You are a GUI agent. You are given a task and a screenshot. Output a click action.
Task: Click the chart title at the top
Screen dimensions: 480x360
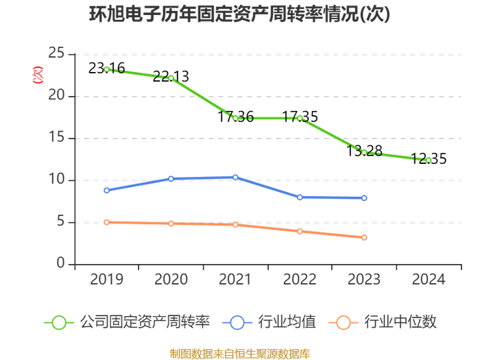coord(240,14)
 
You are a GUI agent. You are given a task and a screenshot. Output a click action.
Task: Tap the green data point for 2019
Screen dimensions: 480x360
coord(106,69)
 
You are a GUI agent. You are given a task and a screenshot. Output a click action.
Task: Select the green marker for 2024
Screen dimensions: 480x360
coord(429,160)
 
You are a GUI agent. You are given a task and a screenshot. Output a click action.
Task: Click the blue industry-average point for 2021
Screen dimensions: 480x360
coord(235,177)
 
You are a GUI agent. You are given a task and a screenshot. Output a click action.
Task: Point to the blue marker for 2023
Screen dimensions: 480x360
coord(364,198)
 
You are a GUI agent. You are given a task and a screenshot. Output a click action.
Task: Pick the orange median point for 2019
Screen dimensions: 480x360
coord(106,222)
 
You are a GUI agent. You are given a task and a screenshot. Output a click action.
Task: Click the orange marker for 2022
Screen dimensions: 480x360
coord(300,232)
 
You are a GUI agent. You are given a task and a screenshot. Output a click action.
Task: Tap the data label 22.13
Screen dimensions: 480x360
coord(171,76)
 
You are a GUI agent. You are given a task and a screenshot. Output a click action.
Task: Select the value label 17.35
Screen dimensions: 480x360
coord(300,117)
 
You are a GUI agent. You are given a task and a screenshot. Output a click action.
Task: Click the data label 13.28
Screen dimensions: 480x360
coord(364,151)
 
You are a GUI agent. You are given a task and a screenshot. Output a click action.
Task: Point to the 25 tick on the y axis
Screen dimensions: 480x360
coord(56,53)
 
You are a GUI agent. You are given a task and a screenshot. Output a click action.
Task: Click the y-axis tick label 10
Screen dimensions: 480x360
coord(56,179)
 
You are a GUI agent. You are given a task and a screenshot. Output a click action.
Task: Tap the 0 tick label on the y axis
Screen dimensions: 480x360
coord(60,263)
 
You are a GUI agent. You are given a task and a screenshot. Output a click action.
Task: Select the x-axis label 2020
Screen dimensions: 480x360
coord(171,279)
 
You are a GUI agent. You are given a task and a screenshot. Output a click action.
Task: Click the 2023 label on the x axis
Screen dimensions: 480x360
coord(364,279)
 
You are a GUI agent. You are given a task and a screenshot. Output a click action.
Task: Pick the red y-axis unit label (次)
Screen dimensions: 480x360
coord(38,75)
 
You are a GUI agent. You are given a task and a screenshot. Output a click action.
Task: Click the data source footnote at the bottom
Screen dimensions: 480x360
coord(240,354)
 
